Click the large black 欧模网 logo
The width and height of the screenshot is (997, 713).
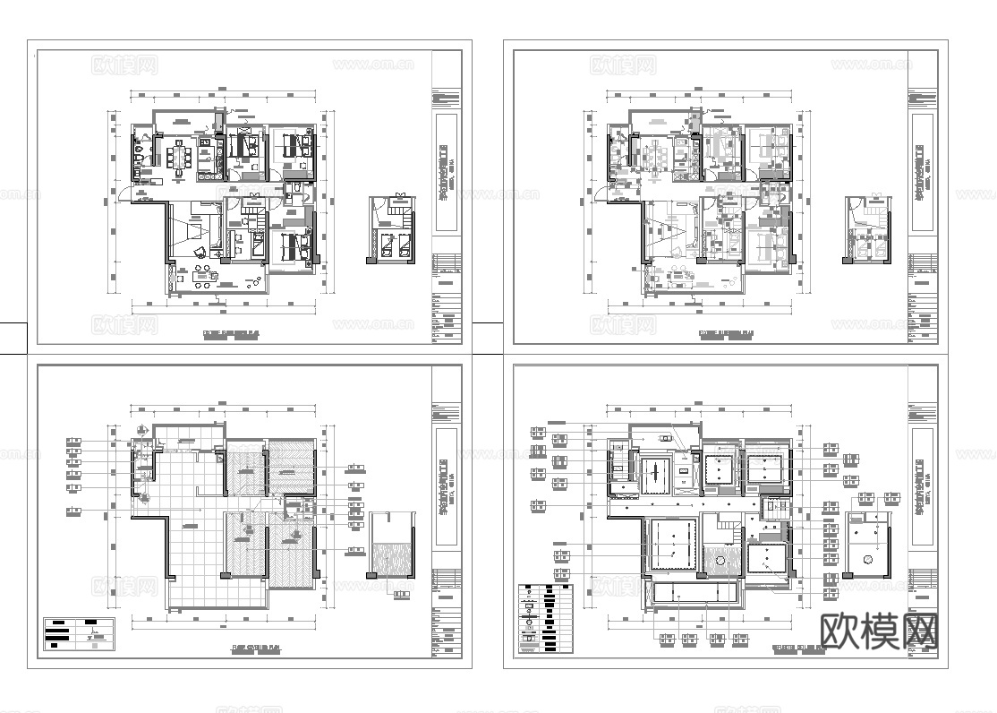coord(877,631)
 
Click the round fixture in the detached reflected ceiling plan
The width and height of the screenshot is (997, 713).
coord(867,560)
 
